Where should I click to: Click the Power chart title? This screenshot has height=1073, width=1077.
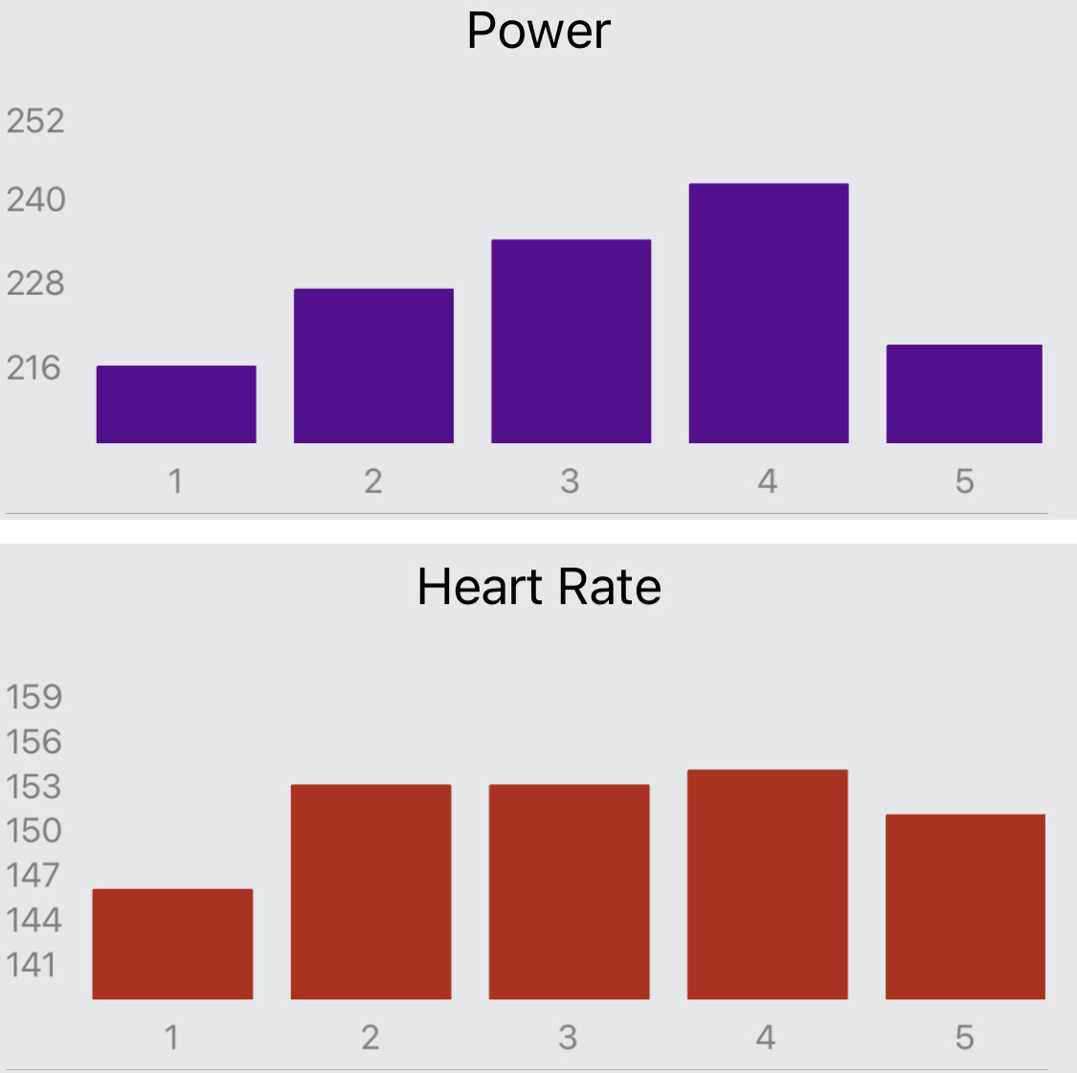point(538,31)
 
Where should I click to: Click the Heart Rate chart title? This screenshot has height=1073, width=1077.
point(539,587)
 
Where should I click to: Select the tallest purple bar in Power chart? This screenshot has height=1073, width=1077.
point(769,313)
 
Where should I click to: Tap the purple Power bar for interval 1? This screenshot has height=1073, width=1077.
point(176,404)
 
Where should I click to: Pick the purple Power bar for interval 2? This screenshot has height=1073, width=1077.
point(373,366)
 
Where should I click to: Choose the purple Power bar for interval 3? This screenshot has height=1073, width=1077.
point(572,341)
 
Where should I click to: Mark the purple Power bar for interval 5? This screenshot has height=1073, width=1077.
point(964,393)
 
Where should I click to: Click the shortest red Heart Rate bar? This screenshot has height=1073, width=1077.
point(172,944)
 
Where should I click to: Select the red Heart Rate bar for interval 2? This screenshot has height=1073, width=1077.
point(370,892)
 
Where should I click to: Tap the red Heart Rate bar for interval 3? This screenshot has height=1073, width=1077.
point(569,892)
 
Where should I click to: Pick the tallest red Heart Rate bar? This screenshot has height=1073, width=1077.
point(767,884)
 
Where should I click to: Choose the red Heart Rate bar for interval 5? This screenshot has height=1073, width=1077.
point(965,906)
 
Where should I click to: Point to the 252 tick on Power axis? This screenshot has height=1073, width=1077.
point(35,121)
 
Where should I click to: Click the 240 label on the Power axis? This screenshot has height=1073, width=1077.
point(35,200)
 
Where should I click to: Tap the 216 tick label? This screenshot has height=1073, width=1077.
point(34,368)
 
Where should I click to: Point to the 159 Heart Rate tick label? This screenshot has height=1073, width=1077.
point(34,697)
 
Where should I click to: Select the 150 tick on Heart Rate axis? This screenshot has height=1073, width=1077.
point(34,830)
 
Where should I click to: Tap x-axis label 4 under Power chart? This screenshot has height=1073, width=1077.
point(768,481)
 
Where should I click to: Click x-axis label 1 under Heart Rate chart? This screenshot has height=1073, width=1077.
point(172,1037)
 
